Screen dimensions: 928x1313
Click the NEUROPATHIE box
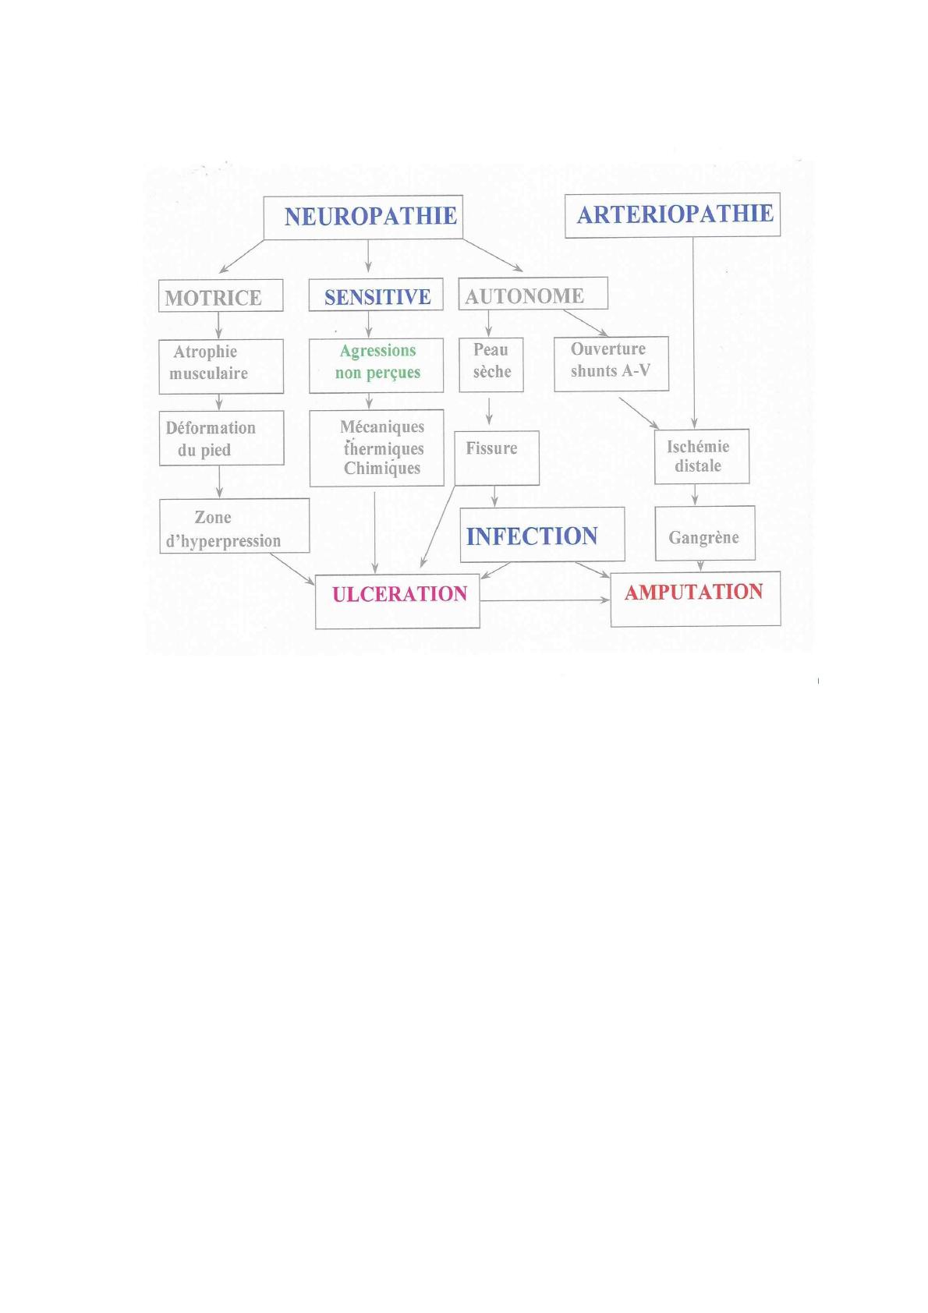(363, 217)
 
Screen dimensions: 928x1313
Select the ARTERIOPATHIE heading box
(672, 215)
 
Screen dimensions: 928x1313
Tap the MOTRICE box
(221, 296)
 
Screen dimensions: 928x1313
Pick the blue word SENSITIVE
(377, 297)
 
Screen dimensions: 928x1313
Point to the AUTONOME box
(533, 293)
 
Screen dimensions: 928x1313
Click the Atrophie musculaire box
(221, 366)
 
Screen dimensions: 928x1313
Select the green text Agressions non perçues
(377, 361)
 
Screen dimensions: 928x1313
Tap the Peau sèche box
(491, 365)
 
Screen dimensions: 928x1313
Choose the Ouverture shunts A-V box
(611, 363)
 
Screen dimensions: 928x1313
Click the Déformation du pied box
(221, 438)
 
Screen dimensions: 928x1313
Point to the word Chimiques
(382, 469)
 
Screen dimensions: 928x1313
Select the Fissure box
(497, 458)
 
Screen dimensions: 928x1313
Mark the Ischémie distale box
(702, 457)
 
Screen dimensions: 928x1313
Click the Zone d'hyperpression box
(235, 526)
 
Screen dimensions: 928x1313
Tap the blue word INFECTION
(532, 536)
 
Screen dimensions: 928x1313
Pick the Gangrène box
(705, 533)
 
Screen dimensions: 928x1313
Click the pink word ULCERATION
(400, 594)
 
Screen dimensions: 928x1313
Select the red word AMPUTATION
(694, 592)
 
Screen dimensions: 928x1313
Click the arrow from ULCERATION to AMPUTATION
(545, 600)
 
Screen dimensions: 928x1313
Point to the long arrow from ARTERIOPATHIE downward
(693, 333)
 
